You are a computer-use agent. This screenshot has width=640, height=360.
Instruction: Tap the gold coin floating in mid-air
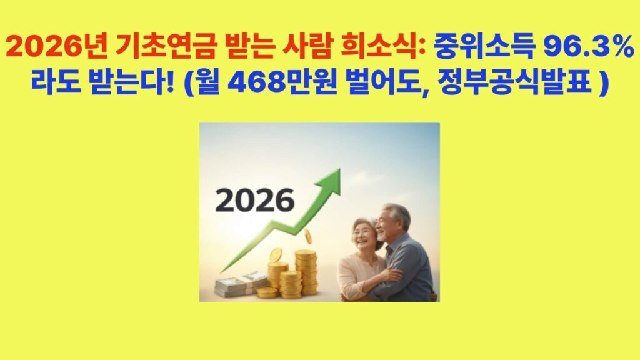(x=309, y=236)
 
